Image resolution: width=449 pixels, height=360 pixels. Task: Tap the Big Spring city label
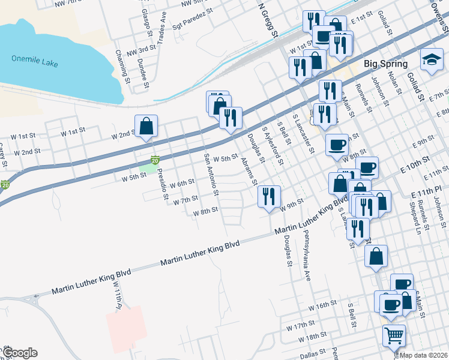[x=386, y=64]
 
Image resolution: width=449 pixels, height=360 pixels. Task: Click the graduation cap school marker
[x=431, y=60]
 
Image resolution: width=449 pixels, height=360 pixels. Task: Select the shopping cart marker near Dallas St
[x=394, y=336]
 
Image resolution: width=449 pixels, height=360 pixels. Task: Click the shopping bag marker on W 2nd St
[x=146, y=126]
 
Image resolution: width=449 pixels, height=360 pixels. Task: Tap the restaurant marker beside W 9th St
[x=268, y=196]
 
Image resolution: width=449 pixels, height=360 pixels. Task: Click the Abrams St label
[x=249, y=171]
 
